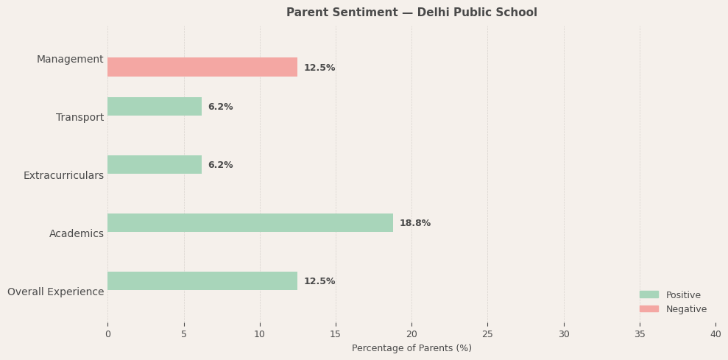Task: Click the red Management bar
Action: (202, 67)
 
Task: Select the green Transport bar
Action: (155, 107)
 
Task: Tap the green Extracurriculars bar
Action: (155, 165)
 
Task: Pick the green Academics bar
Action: (250, 223)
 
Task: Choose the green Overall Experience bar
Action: (202, 281)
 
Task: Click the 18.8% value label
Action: (415, 223)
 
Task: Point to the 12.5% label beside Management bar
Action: (319, 68)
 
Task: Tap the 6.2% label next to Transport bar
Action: (220, 107)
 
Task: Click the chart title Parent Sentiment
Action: (411, 13)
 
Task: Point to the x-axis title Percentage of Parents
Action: (411, 348)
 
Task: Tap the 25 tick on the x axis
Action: (487, 334)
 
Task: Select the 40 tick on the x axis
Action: (715, 334)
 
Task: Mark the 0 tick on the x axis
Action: (107, 334)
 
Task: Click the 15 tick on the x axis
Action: (336, 334)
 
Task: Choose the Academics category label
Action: (77, 234)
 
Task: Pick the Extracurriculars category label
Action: (63, 176)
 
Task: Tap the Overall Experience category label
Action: (56, 292)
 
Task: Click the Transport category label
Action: (79, 118)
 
